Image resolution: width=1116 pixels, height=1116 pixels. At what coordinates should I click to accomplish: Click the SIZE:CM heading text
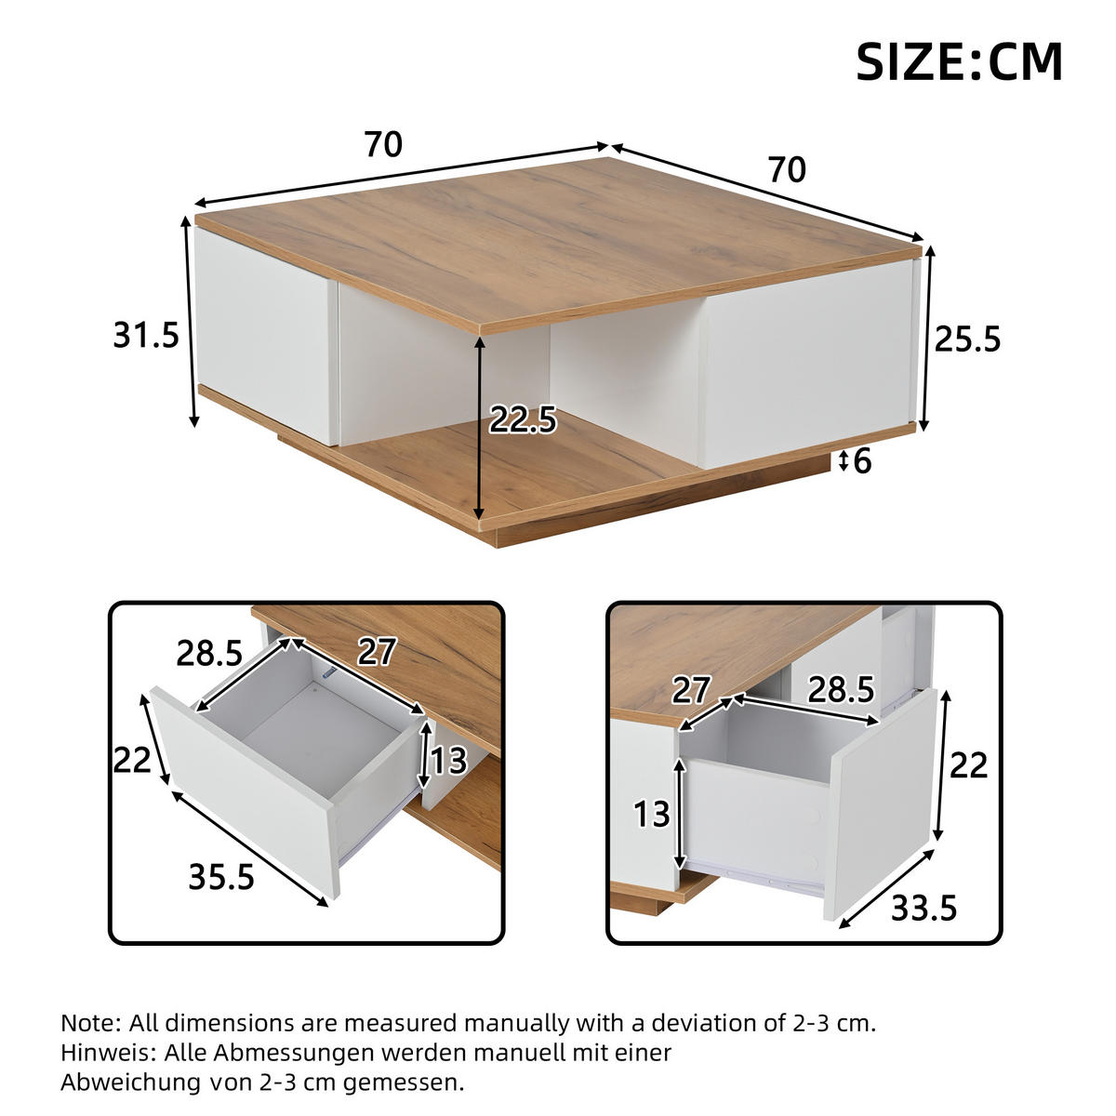[x=959, y=61]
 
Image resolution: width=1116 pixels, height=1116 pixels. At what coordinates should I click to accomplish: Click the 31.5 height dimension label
[x=146, y=335]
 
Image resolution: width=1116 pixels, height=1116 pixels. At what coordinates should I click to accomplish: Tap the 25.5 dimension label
[x=967, y=339]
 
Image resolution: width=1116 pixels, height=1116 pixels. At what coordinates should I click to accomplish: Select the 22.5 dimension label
[x=523, y=420]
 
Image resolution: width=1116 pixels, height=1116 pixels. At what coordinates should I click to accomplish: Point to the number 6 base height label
[x=862, y=461]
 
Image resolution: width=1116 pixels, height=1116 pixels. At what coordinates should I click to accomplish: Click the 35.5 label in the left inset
[x=221, y=876]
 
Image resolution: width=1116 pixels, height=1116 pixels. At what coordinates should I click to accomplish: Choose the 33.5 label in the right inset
[x=924, y=907]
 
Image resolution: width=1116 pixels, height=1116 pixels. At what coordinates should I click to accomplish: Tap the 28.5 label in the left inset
[x=209, y=654]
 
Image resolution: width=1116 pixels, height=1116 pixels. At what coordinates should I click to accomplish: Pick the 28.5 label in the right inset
[x=841, y=689]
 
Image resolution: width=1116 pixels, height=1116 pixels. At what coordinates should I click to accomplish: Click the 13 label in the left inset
[x=448, y=761]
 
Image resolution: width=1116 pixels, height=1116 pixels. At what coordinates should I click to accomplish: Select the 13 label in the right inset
[x=652, y=814]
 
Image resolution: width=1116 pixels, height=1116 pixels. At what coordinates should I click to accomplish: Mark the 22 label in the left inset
[x=132, y=761]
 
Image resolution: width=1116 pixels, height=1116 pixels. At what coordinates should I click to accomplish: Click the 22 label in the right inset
[x=967, y=765]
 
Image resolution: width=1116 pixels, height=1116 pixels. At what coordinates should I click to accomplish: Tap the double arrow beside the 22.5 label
[x=480, y=429]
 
